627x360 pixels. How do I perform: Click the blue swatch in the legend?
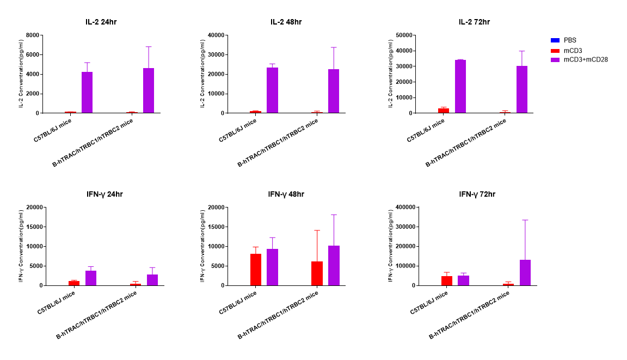click(555, 40)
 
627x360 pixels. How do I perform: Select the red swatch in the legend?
click(555, 51)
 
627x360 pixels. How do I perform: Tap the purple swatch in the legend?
click(555, 60)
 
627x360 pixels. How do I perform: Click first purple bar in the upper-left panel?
click(87, 93)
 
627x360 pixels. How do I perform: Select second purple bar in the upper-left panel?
click(149, 90)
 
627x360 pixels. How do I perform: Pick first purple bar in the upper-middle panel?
click(273, 90)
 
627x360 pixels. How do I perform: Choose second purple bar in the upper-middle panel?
click(334, 91)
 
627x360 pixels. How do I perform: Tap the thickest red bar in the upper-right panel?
click(444, 111)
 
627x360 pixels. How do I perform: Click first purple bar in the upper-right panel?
click(460, 87)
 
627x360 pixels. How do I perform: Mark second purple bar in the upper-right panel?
click(522, 89)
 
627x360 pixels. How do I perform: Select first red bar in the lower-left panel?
click(74, 283)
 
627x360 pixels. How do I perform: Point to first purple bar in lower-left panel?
click(91, 278)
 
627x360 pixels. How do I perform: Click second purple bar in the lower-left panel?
click(152, 280)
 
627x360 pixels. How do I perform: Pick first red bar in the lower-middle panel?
click(256, 270)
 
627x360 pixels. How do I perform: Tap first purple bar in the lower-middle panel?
click(273, 267)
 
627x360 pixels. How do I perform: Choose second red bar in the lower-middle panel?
click(317, 273)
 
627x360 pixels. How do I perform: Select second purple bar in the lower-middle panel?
click(334, 266)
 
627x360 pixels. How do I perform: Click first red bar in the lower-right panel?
click(447, 280)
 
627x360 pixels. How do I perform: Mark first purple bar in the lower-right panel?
click(464, 280)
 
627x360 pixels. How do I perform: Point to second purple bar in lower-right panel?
click(525, 272)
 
